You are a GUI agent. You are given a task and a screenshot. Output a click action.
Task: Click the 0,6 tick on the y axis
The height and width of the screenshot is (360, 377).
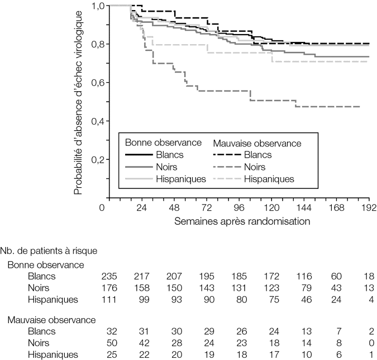pyautogui.click(x=98, y=83)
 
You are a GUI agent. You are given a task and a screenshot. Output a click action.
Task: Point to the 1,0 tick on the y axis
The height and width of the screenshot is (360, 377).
pyautogui.click(x=98, y=6)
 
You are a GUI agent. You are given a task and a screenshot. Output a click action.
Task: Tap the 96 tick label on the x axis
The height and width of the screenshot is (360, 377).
pyautogui.click(x=239, y=208)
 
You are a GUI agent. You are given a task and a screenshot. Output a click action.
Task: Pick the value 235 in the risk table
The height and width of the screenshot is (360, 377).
pyautogui.click(x=108, y=276)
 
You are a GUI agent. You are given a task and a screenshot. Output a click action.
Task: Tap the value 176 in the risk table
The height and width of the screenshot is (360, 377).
pyautogui.click(x=108, y=288)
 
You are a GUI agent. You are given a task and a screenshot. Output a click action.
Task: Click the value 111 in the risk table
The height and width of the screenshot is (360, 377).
pyautogui.click(x=108, y=300)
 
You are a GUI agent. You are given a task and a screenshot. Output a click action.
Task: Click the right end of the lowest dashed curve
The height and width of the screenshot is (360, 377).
pyautogui.click(x=359, y=107)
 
